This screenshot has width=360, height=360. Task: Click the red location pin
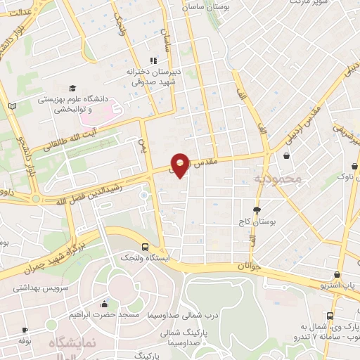[181, 165]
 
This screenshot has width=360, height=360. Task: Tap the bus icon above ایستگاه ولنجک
[144, 247]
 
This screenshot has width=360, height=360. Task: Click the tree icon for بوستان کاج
[257, 210]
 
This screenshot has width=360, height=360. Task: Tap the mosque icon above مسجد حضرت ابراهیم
[105, 304]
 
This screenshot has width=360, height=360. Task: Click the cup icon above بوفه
[26, 330]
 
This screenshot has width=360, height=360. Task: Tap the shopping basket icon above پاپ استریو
[338, 275]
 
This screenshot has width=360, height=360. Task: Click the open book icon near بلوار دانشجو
[11, 105]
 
